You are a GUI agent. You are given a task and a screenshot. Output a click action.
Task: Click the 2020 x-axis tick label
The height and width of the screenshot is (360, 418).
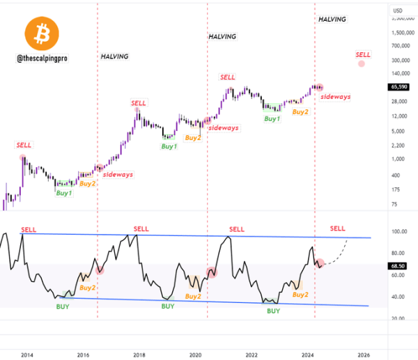pos(195,353)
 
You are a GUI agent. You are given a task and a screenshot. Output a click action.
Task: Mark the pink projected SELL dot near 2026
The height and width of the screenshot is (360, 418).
pos(361,63)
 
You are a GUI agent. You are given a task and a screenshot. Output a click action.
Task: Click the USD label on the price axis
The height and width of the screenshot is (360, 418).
pos(399,10)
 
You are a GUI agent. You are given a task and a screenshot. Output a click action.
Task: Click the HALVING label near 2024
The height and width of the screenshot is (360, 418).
pos(332,19)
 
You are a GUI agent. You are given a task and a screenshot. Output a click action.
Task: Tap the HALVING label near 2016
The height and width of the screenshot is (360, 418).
pos(115,56)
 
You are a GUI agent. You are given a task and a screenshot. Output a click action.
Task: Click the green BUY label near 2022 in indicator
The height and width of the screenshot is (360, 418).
pos(273,311)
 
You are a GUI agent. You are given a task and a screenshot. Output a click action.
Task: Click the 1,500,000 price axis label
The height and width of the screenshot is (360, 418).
pos(402,33)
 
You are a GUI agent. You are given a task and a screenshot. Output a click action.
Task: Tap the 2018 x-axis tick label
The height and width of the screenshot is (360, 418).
pos(139,353)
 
